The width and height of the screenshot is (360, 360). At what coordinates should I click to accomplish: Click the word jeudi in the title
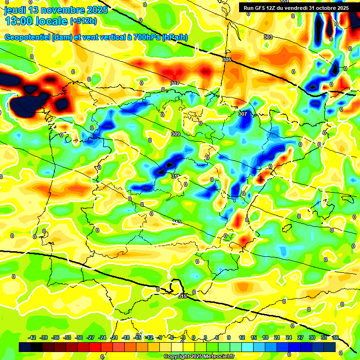[x=15, y=10]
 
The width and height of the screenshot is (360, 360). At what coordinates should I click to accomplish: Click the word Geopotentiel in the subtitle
[x=28, y=37]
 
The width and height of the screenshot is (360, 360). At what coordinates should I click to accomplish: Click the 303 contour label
[x=268, y=37]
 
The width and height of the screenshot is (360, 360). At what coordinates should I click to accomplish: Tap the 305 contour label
[x=227, y=60]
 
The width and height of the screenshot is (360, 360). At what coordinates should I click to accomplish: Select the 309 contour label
[x=176, y=135]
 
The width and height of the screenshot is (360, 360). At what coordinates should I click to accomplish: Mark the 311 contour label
[x=175, y=176]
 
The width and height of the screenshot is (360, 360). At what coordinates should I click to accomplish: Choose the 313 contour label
[x=176, y=222]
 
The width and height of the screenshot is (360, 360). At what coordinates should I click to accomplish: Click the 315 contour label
[x=182, y=296]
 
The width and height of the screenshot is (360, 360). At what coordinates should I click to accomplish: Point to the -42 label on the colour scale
[x=32, y=337]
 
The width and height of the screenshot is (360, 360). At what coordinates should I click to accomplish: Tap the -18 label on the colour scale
[x=126, y=337]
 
